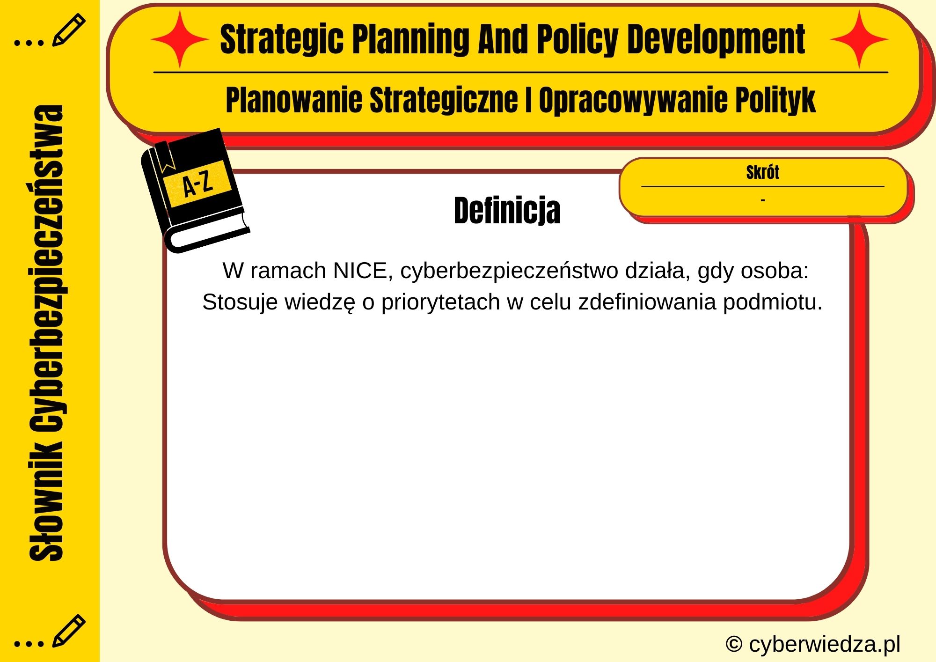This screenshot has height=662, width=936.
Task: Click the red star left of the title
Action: click(x=180, y=40)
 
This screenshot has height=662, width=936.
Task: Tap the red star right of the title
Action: click(x=859, y=40)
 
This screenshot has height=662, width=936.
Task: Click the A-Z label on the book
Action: click(x=197, y=184)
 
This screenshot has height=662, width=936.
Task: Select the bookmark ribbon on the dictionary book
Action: click(x=165, y=157)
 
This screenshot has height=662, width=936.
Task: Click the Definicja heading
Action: click(x=507, y=211)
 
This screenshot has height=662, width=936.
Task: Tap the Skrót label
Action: click(x=762, y=172)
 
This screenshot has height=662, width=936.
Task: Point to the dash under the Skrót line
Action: click(x=763, y=200)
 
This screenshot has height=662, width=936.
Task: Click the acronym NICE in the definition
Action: click(x=363, y=271)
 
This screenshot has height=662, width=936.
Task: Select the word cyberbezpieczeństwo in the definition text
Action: click(x=509, y=271)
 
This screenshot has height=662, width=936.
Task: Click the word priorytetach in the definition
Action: click(x=440, y=302)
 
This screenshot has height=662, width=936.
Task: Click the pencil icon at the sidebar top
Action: click(x=68, y=30)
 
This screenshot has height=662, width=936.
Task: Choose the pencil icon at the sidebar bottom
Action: click(x=68, y=630)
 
